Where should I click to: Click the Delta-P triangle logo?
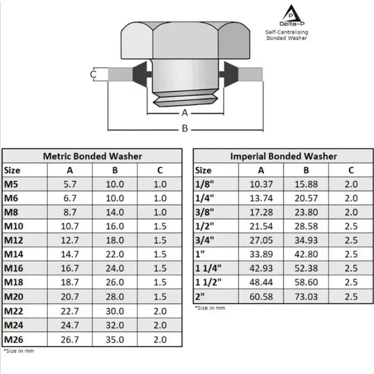point(291,14)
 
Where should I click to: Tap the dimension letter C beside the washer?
point(93,74)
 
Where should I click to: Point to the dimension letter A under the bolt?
point(185,113)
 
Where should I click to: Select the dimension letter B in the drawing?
point(185,128)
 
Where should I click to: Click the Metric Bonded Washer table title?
point(93,156)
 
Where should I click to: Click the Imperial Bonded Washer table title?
point(284,156)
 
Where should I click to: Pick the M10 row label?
point(14,226)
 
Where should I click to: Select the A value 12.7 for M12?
point(70,240)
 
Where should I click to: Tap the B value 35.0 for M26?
point(115,339)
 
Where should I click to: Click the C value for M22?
point(160,311)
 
